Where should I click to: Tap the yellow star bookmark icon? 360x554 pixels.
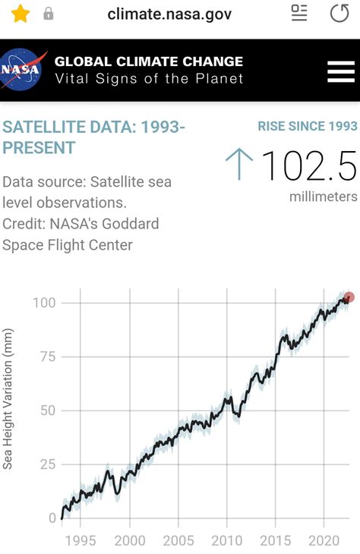[20, 14]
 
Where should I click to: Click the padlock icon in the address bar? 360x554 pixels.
[49, 14]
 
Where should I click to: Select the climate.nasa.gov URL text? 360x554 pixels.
[169, 14]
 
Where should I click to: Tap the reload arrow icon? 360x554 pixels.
[339, 14]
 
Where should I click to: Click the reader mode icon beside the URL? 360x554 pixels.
[299, 13]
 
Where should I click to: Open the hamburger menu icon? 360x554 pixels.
[340, 71]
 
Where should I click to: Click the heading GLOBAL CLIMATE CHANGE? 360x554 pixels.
[149, 61]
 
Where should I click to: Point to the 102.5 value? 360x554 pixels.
[308, 165]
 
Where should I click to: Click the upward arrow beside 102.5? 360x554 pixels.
[239, 164]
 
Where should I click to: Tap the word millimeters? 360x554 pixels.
[323, 197]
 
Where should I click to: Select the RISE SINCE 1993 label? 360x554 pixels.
[308, 126]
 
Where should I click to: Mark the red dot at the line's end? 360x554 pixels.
[349, 297]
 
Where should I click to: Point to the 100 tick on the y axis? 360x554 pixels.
[45, 303]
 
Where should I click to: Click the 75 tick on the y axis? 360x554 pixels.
[48, 357]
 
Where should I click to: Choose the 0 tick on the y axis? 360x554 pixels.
[52, 518]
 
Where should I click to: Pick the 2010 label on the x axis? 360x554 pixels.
[226, 540]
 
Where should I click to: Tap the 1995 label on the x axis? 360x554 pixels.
[81, 540]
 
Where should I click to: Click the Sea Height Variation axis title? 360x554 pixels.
[8, 398]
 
